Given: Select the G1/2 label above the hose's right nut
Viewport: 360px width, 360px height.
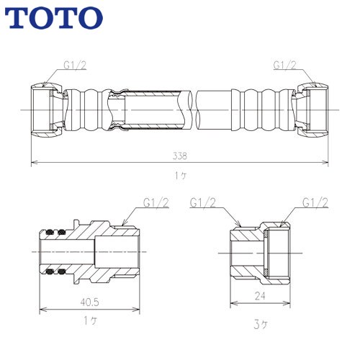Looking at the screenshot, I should [x=285, y=64].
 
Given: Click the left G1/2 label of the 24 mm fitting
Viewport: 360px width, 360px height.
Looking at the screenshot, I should [x=204, y=203].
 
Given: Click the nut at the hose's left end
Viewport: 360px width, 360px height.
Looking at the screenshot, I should [x=45, y=110].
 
